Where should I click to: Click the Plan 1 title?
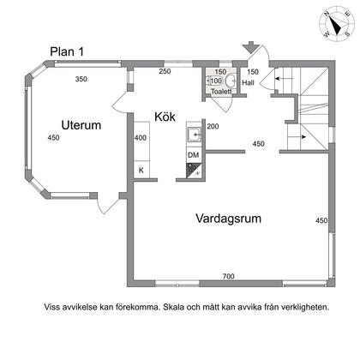tap(67, 51)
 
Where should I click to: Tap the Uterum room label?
tap(81, 125)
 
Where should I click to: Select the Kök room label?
tap(165, 117)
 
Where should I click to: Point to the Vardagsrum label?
tap(228, 219)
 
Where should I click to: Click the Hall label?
tap(248, 83)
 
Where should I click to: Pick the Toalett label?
tap(221, 92)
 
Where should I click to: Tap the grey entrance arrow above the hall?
tap(250, 47)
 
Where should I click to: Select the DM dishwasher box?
tap(194, 155)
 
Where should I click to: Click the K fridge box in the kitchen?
tap(141, 171)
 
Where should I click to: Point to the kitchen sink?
tap(194, 135)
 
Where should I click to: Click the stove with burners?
tap(194, 171)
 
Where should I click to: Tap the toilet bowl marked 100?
tap(214, 81)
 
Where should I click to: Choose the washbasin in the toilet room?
tap(231, 81)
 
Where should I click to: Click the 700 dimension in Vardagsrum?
tap(228, 276)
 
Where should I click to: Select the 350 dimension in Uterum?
tap(81, 79)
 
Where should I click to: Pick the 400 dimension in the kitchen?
tap(141, 138)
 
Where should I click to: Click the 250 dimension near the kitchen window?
tap(165, 71)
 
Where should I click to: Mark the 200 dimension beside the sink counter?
tap(213, 126)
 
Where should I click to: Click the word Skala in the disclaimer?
tap(173, 308)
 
